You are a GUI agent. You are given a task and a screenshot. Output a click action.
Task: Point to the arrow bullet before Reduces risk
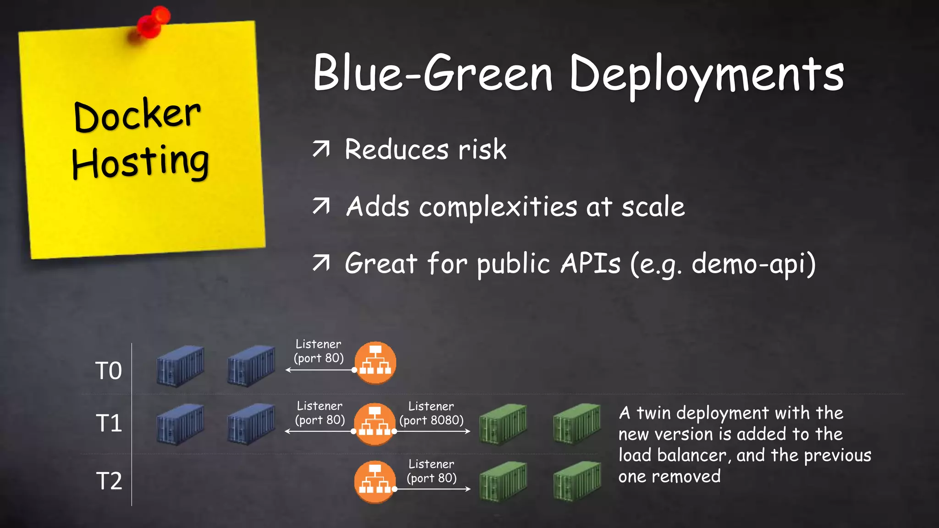321,149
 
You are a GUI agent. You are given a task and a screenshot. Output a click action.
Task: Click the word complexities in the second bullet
498,207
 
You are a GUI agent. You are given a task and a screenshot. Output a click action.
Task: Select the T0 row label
108,370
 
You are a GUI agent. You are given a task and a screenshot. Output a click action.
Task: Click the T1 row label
109,423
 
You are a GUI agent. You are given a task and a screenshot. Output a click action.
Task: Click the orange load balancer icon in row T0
375,362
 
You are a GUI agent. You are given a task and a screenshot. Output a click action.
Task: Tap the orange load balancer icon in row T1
375,424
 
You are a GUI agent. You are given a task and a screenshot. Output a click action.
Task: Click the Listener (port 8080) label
431,413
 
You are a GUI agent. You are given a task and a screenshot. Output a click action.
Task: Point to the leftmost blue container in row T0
180,366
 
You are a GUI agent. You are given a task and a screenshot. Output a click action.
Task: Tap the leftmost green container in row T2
503,481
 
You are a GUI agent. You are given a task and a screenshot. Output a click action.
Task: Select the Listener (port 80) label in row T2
431,471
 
